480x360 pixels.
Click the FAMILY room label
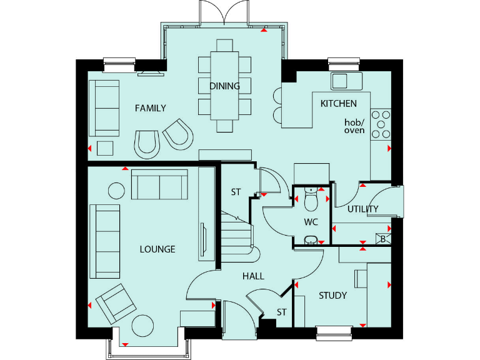(151, 108)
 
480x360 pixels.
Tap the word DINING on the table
(224, 86)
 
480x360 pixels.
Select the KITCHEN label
(339, 103)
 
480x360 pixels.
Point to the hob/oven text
(354, 126)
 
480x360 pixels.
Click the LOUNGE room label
(157, 249)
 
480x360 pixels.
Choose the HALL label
(253, 276)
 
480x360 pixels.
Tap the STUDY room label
(332, 296)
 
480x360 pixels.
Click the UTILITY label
(363, 209)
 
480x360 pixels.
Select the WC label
(311, 222)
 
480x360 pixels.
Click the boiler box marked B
(384, 237)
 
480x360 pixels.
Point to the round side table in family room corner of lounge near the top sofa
(117, 190)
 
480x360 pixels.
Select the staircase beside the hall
(236, 234)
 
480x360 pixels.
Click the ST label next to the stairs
(236, 192)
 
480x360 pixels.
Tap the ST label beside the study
(282, 312)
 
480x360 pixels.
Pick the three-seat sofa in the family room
(104, 107)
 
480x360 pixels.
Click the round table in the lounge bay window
(142, 325)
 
